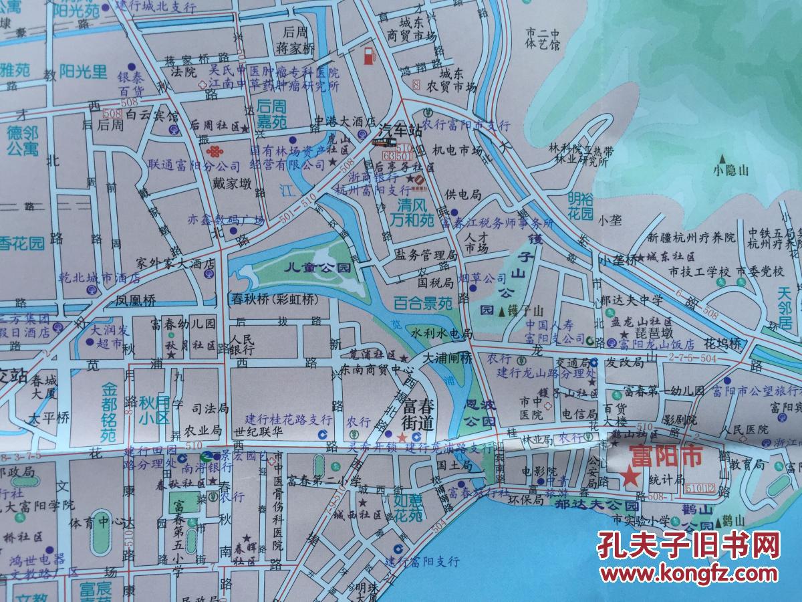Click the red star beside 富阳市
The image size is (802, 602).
(629, 477)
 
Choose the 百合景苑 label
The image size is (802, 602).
(422, 303)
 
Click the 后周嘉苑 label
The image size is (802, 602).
(272, 114)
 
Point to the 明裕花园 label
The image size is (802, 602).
(581, 206)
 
